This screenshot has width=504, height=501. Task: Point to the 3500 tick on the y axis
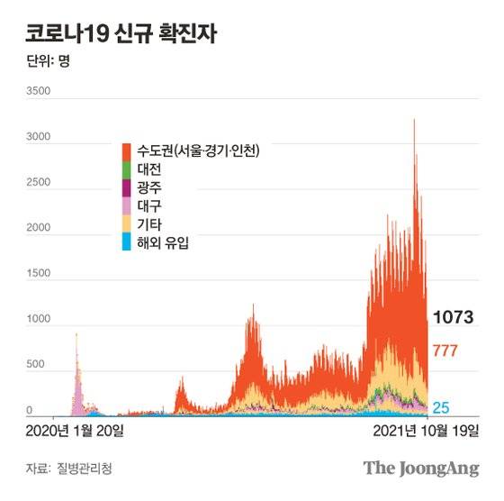coord(40,92)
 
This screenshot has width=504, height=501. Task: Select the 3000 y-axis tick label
coord(40,138)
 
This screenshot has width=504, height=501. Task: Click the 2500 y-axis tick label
coord(40,184)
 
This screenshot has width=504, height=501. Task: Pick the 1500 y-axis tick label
coord(40,274)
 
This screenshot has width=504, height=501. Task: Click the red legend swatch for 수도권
coord(129,150)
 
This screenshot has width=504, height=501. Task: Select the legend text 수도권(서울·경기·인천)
coord(198,150)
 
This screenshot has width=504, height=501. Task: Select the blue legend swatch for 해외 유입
coord(129,241)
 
